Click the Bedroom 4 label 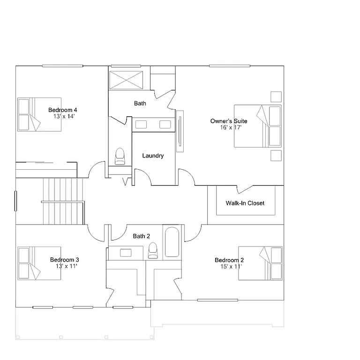(62, 110)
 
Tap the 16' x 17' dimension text (231, 127)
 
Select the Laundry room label (153, 156)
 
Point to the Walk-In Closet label (245, 203)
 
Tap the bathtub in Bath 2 (172, 242)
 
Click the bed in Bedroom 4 (39, 114)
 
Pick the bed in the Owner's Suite (257, 126)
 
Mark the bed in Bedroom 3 (39, 263)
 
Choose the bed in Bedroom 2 (260, 263)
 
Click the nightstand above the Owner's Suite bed (276, 96)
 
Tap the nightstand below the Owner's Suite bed (276, 155)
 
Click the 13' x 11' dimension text (66, 266)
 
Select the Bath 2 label (141, 236)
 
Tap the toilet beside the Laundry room (120, 157)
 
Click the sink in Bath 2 (126, 253)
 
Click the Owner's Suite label (229, 121)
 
